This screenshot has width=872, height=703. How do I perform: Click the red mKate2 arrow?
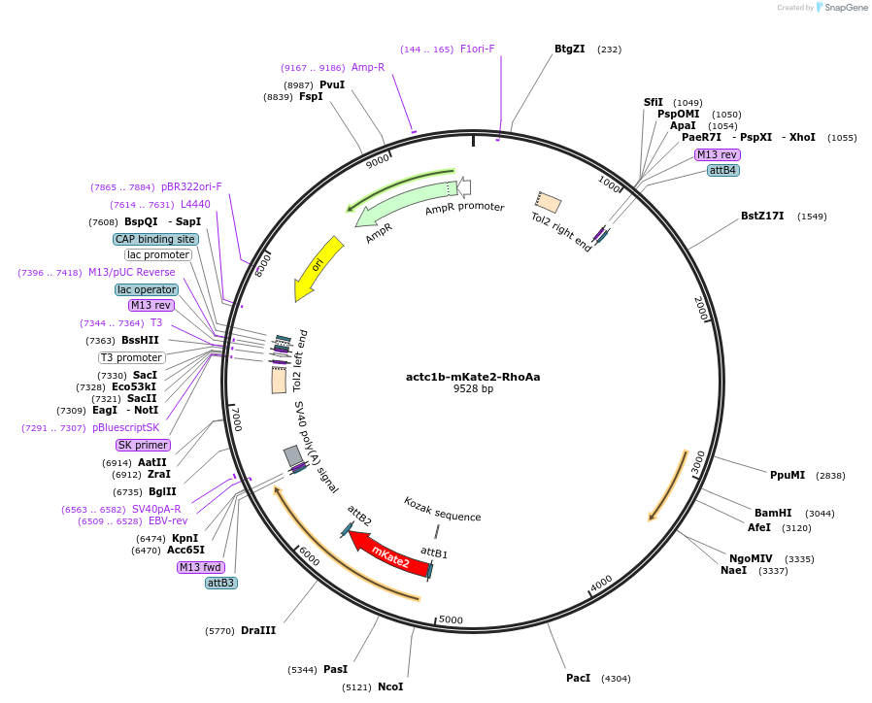[x=388, y=554]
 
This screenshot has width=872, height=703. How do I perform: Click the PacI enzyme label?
[x=578, y=678]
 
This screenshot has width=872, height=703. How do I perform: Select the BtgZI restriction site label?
[x=569, y=49]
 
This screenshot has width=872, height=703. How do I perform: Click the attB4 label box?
[x=723, y=170]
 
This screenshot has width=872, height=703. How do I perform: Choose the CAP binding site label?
[x=155, y=239]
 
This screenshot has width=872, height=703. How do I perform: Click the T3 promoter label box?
[x=132, y=357]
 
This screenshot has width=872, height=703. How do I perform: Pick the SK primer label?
[x=142, y=445]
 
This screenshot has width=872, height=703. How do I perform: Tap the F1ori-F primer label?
[x=477, y=49]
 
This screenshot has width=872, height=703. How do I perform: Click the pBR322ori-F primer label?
[x=191, y=186]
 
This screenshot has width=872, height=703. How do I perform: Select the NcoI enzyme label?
[x=390, y=686]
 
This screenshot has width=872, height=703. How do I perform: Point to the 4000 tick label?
[x=601, y=582]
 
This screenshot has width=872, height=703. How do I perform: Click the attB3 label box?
[x=220, y=583]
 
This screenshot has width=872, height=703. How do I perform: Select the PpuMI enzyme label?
[x=788, y=475]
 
